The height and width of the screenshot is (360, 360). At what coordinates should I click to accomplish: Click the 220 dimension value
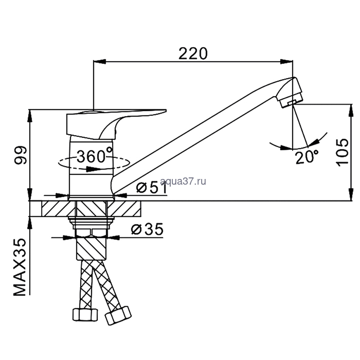click(193, 53)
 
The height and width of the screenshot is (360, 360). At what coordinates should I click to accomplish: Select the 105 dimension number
click(342, 152)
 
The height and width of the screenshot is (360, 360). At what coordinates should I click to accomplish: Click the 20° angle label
click(307, 157)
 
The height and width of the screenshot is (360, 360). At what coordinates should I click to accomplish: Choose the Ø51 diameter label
click(152, 188)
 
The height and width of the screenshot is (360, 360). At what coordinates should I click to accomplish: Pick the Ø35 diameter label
click(147, 229)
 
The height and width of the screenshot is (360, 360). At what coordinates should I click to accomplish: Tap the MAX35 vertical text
click(20, 267)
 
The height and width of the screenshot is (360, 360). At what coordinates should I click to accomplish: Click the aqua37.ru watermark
click(183, 181)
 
